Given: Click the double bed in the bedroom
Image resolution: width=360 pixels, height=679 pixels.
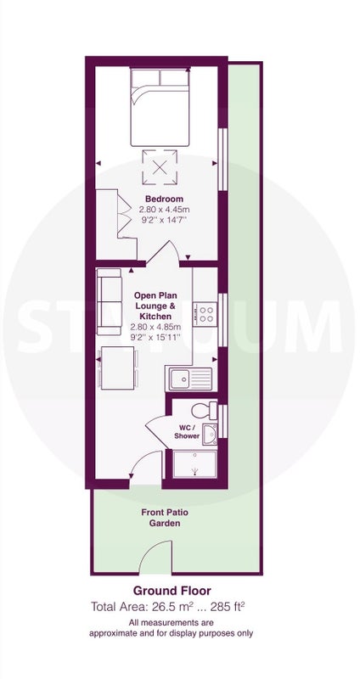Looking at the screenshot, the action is pyautogui.click(x=160, y=107).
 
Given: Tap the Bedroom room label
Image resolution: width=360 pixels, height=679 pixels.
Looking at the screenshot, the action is pyautogui.click(x=164, y=199).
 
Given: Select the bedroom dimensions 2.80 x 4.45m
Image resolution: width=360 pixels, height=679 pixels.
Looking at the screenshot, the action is pyautogui.click(x=164, y=210).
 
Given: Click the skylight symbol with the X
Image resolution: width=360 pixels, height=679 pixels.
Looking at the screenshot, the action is pyautogui.click(x=160, y=166).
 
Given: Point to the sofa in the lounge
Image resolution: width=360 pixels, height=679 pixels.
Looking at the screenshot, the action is pyautogui.click(x=110, y=302).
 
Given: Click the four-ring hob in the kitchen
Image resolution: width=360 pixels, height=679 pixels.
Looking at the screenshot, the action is pyautogui.click(x=205, y=314).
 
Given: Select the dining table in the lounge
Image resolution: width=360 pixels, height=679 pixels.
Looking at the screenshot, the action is pyautogui.click(x=117, y=368).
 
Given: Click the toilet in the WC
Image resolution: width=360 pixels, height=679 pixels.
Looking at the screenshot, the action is pyautogui.click(x=204, y=410).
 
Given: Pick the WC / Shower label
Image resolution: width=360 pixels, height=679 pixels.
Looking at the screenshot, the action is pyautogui.click(x=187, y=432).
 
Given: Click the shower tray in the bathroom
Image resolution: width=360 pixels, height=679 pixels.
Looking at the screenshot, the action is pyautogui.click(x=194, y=464).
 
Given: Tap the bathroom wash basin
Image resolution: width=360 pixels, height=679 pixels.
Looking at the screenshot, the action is pyautogui.click(x=210, y=435).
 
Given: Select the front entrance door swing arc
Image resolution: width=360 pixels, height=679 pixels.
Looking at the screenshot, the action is pyautogui.click(x=139, y=459).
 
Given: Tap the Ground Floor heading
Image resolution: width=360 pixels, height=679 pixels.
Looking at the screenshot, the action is pyautogui.click(x=172, y=591).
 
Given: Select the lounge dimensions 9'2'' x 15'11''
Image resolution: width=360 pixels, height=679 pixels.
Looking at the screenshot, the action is pyautogui.click(x=155, y=337).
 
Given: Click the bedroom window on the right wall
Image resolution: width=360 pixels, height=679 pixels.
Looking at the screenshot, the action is pyautogui.click(x=222, y=159).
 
